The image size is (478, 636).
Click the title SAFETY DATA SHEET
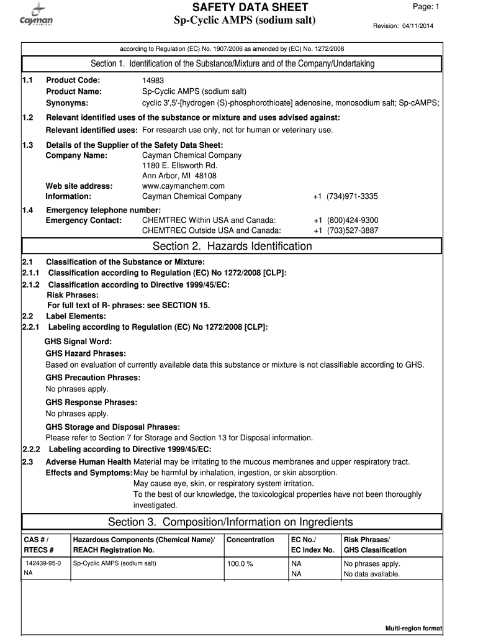250,7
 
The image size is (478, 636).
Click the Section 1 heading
232,64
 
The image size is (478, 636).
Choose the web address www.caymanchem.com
183,186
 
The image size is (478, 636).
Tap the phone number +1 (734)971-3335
346,196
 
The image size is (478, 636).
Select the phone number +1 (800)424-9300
346,220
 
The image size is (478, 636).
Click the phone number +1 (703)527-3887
346,230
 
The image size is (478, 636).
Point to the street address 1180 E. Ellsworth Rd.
179,166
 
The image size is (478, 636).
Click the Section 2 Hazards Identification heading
232,247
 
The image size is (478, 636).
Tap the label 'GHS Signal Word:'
79,342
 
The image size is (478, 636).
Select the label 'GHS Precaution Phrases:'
93,378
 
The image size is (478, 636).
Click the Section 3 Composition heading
230,522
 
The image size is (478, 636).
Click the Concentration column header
250,540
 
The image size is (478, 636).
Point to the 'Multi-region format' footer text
413,629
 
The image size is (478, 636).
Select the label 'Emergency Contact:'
84,220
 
